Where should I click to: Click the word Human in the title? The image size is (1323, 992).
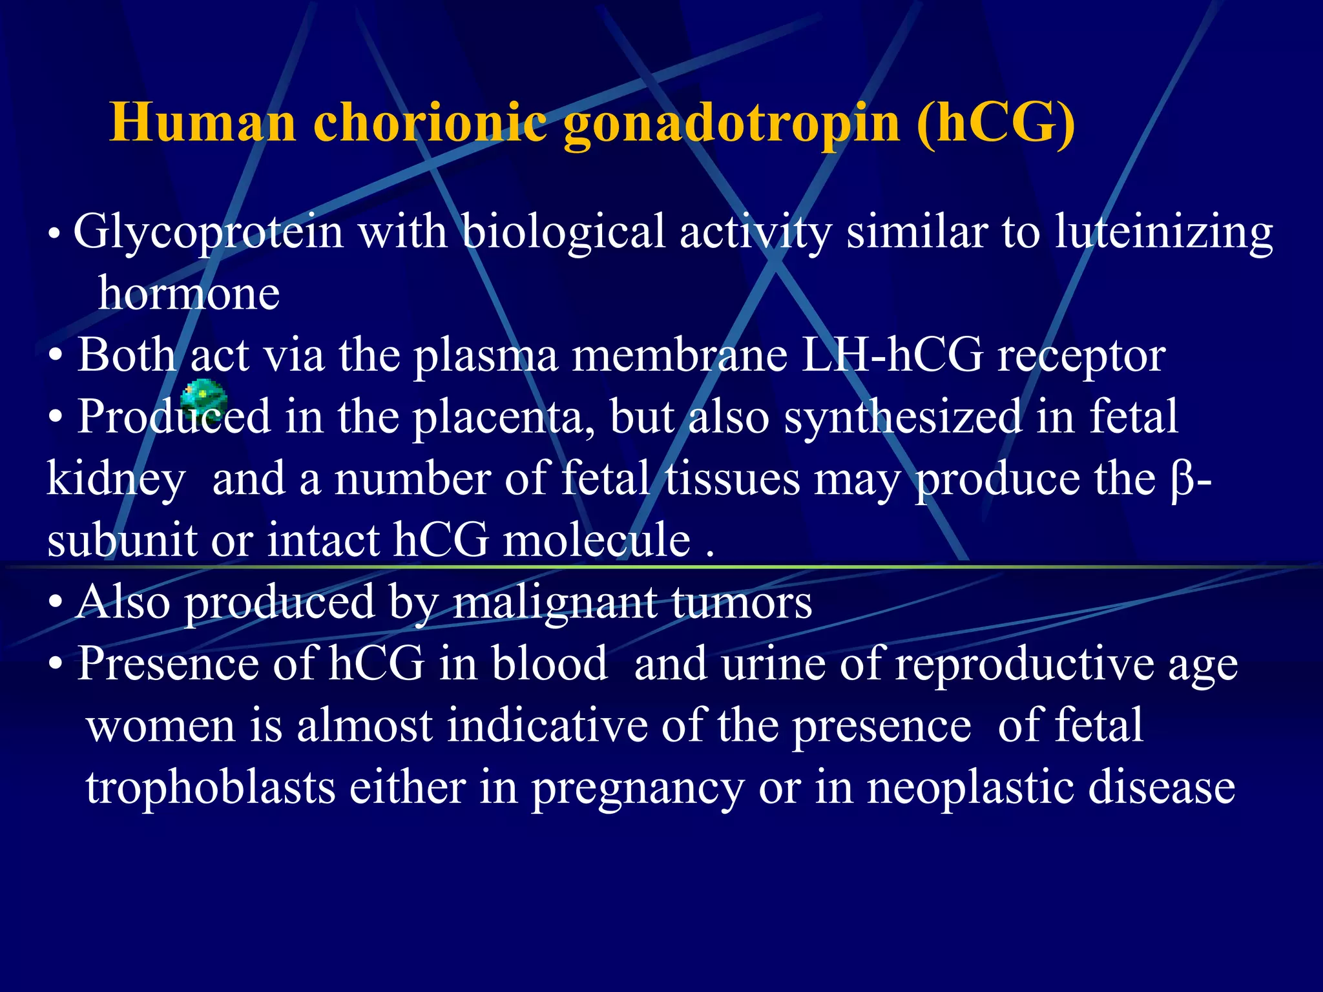pos(203,123)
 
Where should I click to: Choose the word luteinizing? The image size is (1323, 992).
pos(1163,232)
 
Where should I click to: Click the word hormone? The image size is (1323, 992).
pos(189,293)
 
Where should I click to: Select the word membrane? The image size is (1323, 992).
pos(680,355)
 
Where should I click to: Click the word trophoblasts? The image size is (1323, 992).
pos(211,788)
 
